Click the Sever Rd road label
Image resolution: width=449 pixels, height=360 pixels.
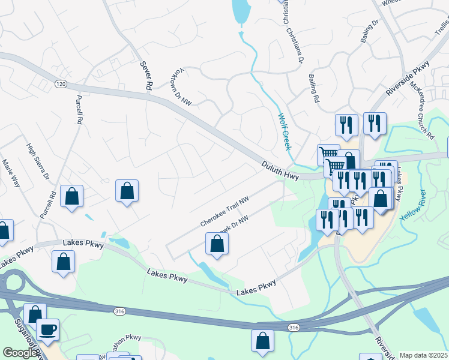coord(145,75)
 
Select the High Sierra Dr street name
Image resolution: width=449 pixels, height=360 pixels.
coord(38,161)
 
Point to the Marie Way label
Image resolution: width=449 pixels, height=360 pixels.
coord(11,173)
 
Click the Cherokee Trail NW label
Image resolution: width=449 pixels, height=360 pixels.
coord(224,212)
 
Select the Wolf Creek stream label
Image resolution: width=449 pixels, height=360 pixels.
coord(285,131)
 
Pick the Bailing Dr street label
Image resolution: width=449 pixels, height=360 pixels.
coord(370,31)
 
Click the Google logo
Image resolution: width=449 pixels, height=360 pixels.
coord(20,353)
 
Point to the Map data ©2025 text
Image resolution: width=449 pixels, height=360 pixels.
coord(424,355)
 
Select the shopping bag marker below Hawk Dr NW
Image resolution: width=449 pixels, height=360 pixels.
coord(217,244)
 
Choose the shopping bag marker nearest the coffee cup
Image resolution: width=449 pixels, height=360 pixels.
coord(35,314)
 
